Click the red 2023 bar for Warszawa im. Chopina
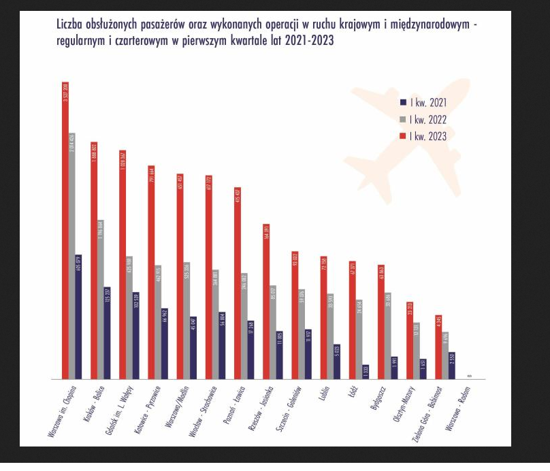[x=65, y=231]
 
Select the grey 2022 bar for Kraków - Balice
[x=101, y=299]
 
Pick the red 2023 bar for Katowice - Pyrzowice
[x=151, y=272]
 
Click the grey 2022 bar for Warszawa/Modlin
[x=187, y=320]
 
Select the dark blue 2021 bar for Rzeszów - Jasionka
[x=279, y=355]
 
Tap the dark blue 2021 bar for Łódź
[x=366, y=372]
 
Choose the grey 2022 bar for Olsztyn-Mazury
[x=416, y=351]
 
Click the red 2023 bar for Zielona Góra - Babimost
[x=438, y=347]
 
